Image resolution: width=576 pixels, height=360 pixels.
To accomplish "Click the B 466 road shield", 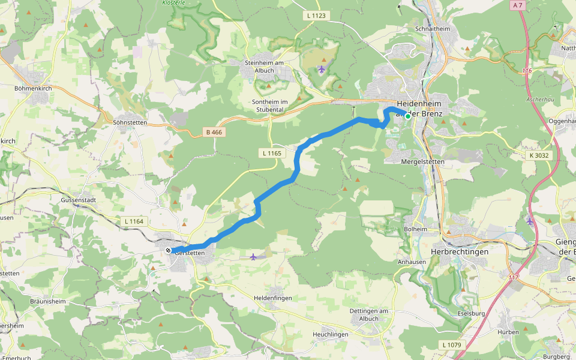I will point(210,132).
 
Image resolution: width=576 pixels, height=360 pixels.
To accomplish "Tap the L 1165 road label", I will point(272,154).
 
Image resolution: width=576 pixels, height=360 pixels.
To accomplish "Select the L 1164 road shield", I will point(134,221).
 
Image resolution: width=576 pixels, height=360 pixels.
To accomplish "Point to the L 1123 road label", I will point(316,16).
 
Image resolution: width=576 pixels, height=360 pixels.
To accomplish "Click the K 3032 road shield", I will point(539,155).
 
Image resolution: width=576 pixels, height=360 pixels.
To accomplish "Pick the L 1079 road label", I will point(452,344).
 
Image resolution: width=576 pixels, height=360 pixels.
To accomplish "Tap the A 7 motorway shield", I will point(518,5).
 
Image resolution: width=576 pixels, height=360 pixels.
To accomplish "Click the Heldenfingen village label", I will point(274,298).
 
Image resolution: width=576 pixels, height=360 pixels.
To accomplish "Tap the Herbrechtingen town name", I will point(460,251).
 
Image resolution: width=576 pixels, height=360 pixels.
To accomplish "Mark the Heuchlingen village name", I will point(331,334).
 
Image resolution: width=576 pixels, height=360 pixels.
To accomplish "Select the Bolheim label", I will point(416,229).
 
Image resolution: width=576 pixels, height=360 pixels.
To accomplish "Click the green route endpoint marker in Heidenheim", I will point(408,116).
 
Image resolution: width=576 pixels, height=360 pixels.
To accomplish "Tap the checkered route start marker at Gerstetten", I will point(168,250).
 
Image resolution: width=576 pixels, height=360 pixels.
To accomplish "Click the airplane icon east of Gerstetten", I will point(253,257).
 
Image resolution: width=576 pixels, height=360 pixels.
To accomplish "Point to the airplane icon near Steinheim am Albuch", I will point(322,70).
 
